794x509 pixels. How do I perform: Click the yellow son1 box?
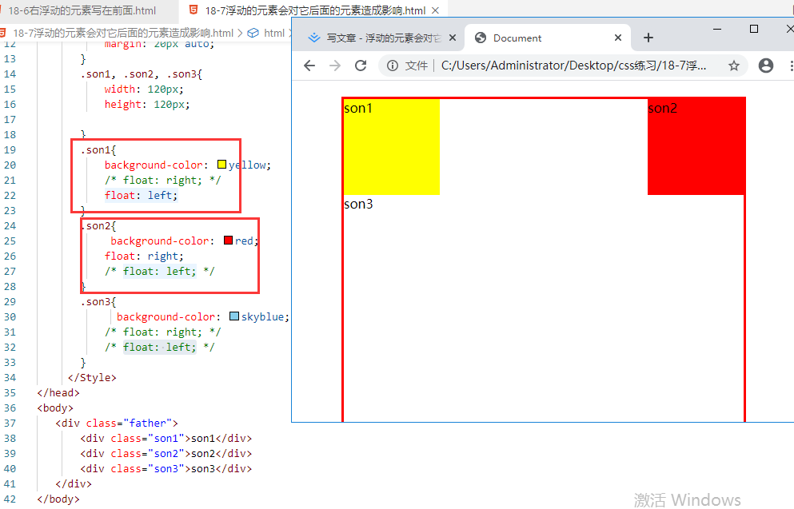(x=391, y=146)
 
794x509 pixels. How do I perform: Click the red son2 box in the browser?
(x=696, y=146)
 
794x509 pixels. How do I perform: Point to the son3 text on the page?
(x=358, y=204)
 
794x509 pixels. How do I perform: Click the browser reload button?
(x=361, y=66)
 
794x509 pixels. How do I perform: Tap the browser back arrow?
(x=310, y=66)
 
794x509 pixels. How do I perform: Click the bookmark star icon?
(x=733, y=66)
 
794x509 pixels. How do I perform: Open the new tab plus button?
(x=648, y=38)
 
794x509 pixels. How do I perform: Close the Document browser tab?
(x=618, y=38)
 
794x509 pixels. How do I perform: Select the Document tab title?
(x=517, y=38)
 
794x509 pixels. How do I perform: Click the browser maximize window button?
(x=754, y=29)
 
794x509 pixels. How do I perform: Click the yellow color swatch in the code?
(x=222, y=165)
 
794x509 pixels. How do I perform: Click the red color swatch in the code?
(x=228, y=241)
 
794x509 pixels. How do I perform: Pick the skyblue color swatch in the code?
(x=234, y=316)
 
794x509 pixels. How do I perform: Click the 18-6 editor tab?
(x=80, y=11)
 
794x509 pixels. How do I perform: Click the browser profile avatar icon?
(x=766, y=66)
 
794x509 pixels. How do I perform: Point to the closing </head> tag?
(x=58, y=392)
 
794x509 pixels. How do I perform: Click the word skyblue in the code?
(x=262, y=316)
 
